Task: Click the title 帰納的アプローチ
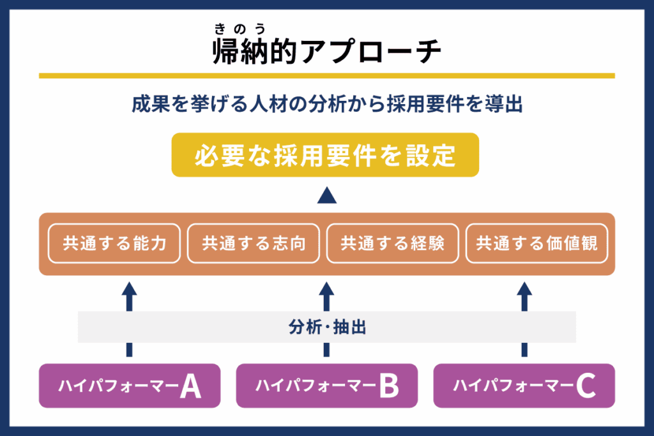[326, 52]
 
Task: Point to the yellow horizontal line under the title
[326, 75]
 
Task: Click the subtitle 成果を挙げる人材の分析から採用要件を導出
[327, 105]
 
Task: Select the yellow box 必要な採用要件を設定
[325, 155]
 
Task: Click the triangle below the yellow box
[326, 195]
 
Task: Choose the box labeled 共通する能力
[114, 243]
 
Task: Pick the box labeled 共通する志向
[254, 243]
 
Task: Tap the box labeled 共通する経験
[392, 243]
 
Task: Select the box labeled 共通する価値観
[536, 243]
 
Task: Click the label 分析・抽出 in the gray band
[327, 327]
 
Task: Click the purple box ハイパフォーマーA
[129, 386]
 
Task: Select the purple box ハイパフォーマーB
[326, 386]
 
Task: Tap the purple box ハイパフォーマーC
[524, 386]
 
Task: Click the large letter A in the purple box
[190, 386]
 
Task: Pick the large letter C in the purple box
[586, 386]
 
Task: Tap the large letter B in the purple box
[388, 386]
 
